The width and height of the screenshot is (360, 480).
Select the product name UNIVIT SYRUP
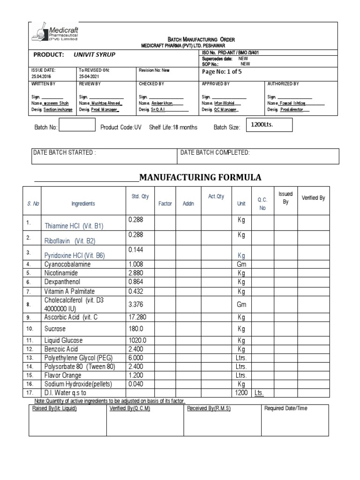(94, 55)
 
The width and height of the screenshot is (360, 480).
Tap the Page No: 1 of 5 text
(221, 72)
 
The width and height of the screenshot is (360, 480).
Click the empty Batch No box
(77, 126)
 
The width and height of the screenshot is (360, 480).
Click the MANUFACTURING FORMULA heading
(200, 177)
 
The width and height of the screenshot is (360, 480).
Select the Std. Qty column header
(136, 196)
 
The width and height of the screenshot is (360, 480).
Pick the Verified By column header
(313, 198)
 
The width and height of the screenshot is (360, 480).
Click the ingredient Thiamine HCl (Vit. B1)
(74, 226)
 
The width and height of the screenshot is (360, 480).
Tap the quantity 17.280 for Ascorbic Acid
(137, 317)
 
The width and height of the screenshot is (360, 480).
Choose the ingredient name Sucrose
(55, 329)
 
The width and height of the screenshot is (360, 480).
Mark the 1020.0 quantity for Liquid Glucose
(138, 340)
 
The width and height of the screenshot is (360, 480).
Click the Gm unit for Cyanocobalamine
(241, 264)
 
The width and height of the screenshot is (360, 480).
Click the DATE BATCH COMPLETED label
(215, 153)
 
